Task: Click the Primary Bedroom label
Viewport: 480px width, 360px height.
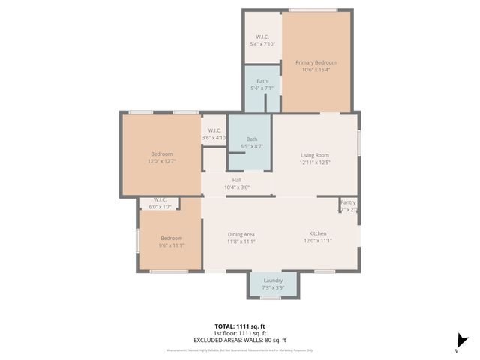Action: pos(316,62)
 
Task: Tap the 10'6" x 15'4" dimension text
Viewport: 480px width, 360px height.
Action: pos(316,70)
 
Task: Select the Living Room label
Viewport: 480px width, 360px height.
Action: pos(316,154)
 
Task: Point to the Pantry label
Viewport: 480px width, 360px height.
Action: pos(348,202)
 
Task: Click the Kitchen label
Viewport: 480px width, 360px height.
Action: pos(318,234)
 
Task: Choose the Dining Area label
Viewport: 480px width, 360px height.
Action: pos(241,234)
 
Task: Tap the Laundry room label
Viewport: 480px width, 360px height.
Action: pos(273,280)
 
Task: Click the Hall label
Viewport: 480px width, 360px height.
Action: pos(236,180)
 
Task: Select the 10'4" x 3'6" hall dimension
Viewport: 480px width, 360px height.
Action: pos(236,187)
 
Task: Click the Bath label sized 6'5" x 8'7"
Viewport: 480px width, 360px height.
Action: pos(252,139)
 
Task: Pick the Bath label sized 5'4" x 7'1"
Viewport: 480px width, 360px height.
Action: pos(262,81)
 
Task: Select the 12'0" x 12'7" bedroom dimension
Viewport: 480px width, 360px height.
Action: pos(161,161)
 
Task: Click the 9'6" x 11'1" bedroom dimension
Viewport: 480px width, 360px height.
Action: pos(170,245)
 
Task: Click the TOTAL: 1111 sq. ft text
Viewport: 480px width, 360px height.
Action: pos(240,327)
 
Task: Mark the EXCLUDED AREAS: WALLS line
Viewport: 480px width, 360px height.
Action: pos(240,340)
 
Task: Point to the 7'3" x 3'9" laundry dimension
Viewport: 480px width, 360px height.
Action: pos(273,288)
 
